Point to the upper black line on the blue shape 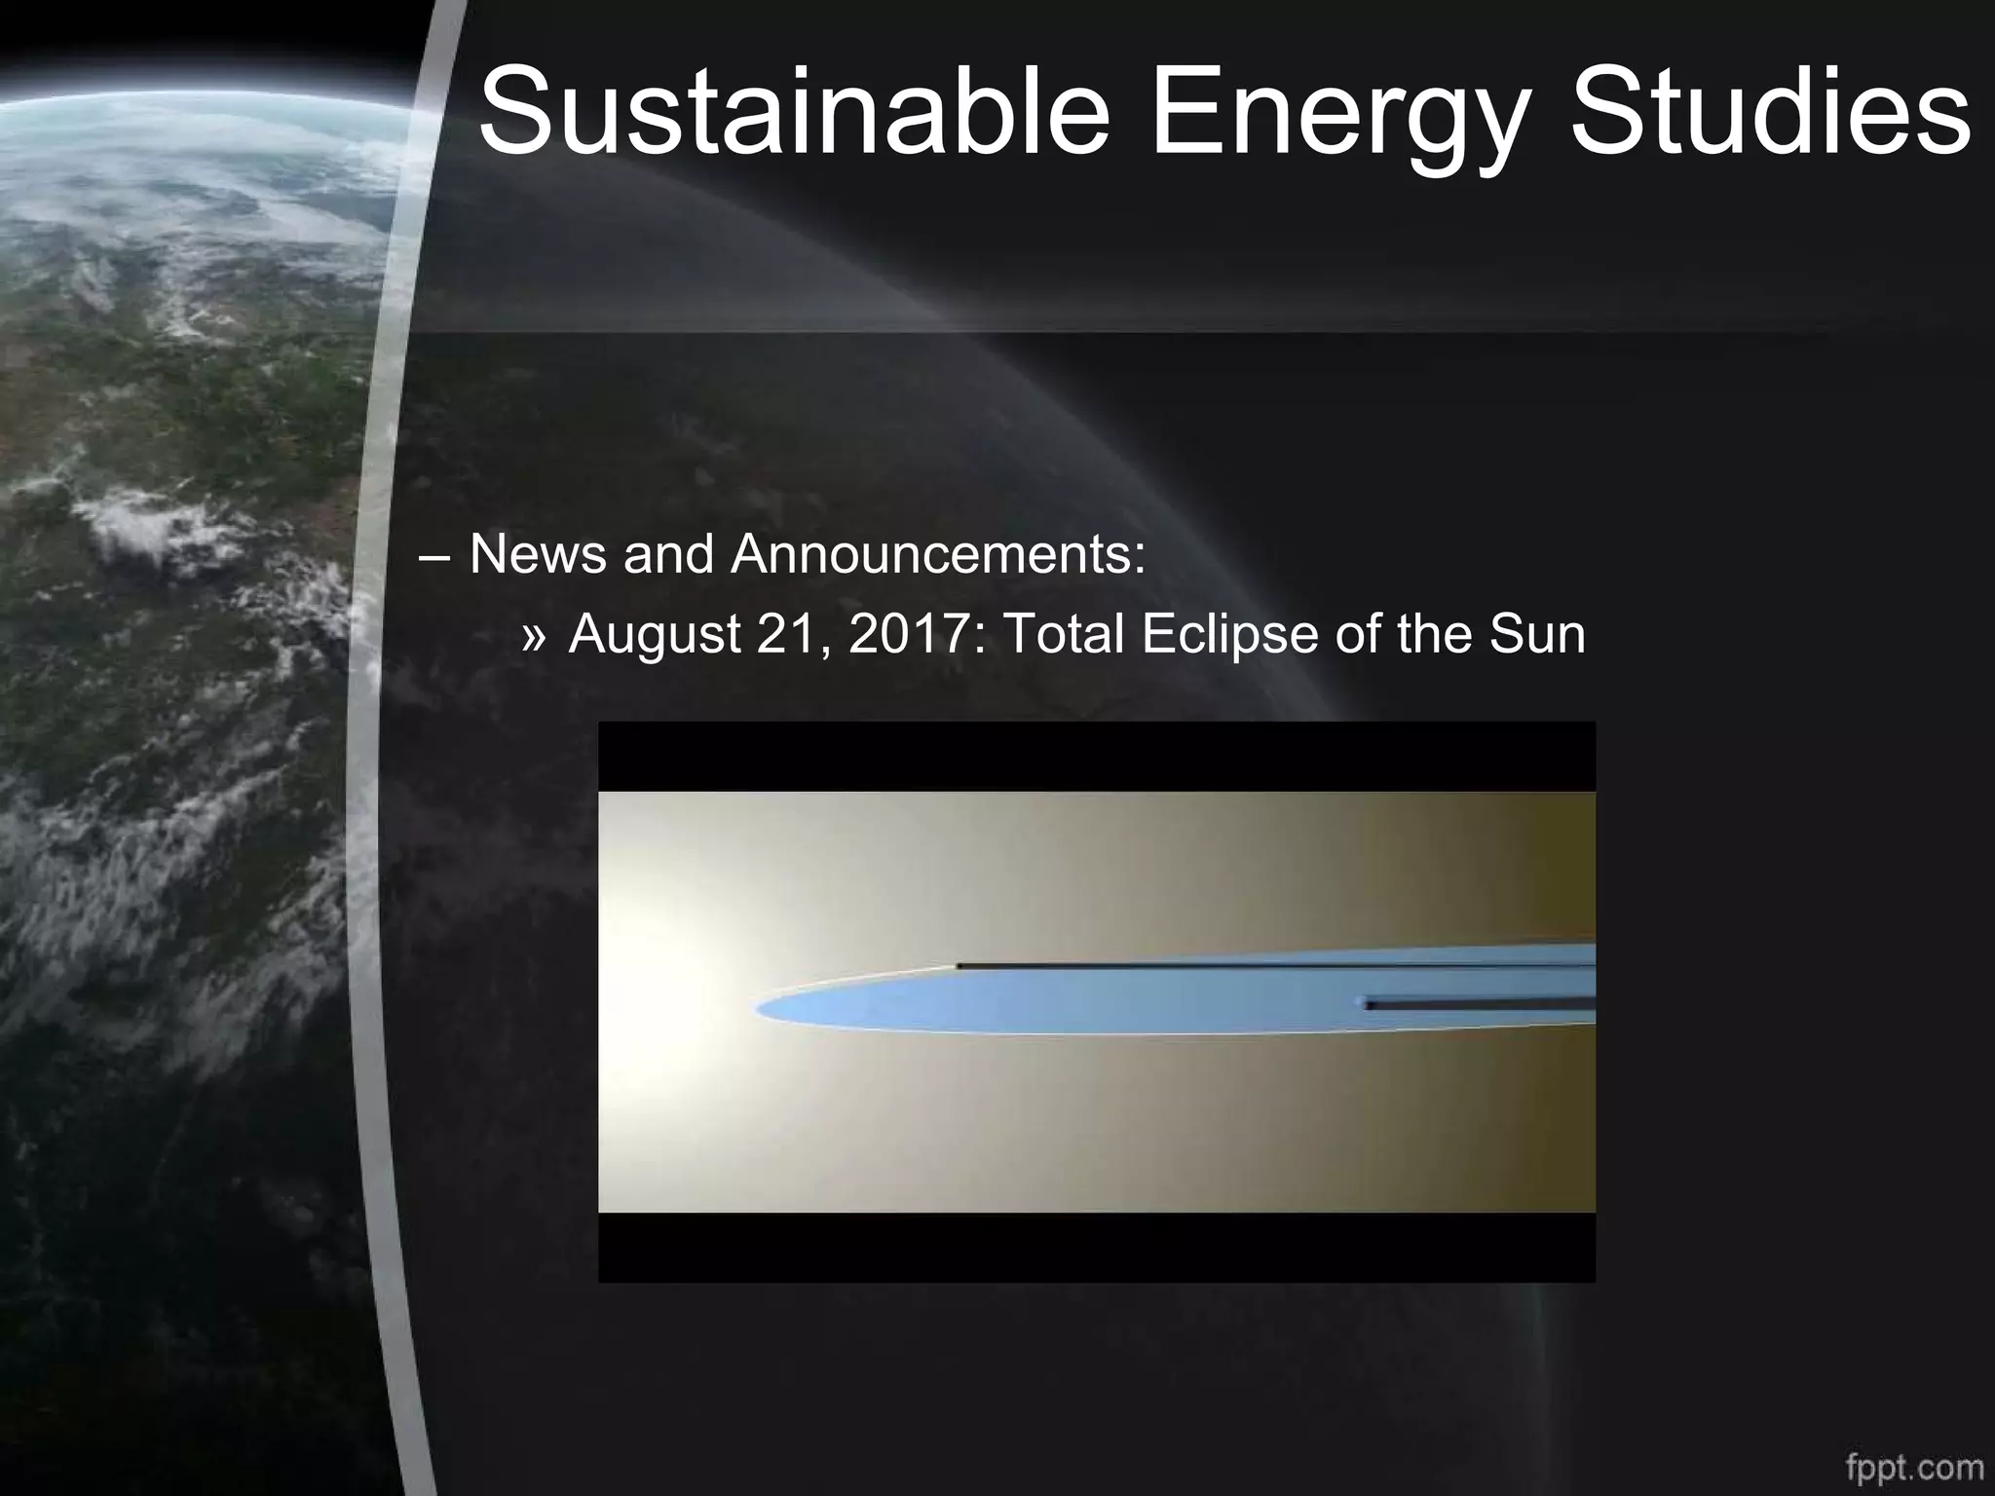1266,965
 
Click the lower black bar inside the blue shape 1481,1003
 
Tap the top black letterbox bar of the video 1096,757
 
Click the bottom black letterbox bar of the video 1096,1247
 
